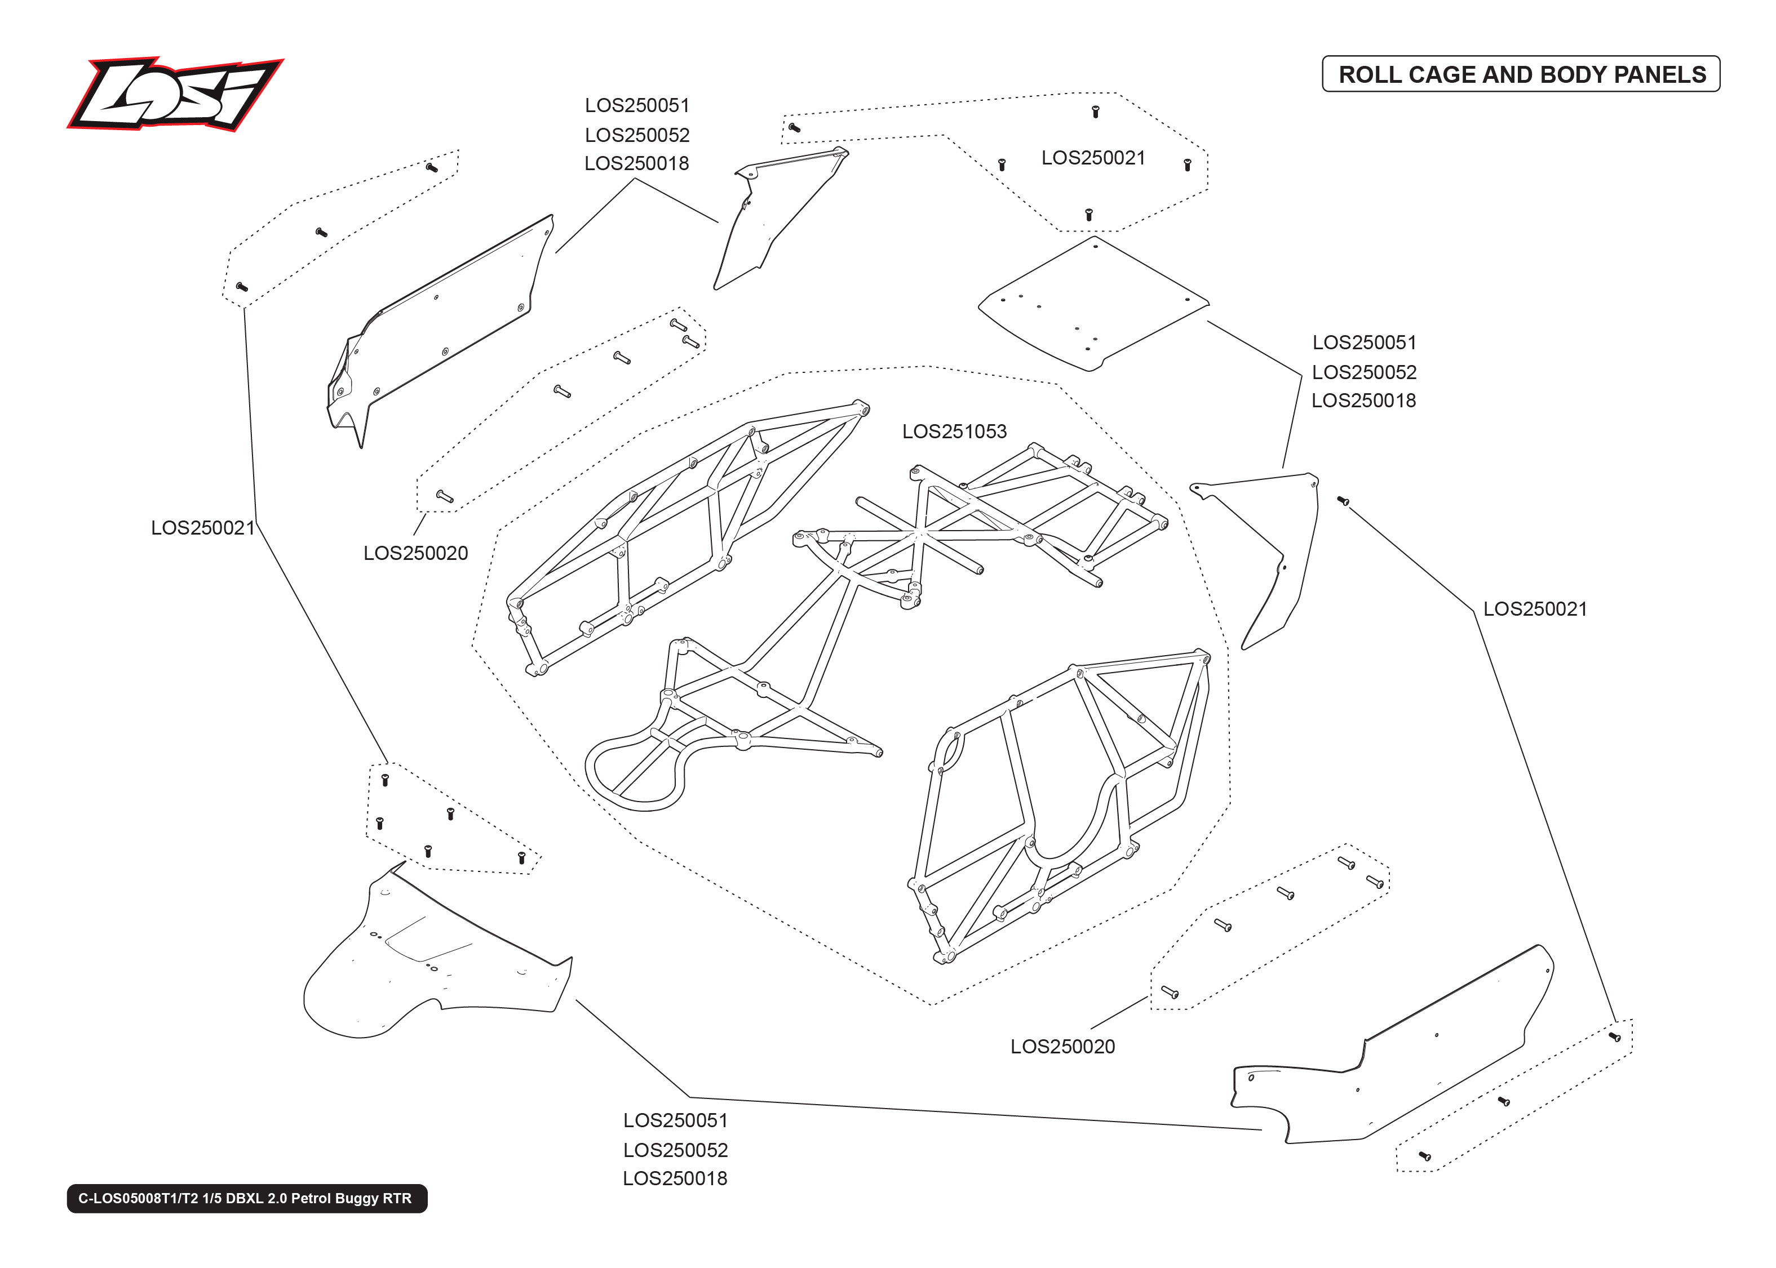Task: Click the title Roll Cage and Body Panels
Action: click(1521, 74)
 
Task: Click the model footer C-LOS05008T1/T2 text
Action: click(246, 1198)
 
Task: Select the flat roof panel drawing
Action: click(1093, 305)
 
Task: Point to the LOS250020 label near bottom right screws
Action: click(1062, 1046)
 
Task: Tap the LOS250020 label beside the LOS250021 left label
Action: click(415, 553)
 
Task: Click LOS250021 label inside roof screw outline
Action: click(1093, 158)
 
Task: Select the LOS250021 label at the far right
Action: click(1535, 609)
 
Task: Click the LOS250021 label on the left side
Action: click(203, 528)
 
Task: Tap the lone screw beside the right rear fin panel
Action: click(1343, 500)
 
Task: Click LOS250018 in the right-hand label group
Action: click(1363, 401)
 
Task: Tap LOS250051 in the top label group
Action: click(636, 105)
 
